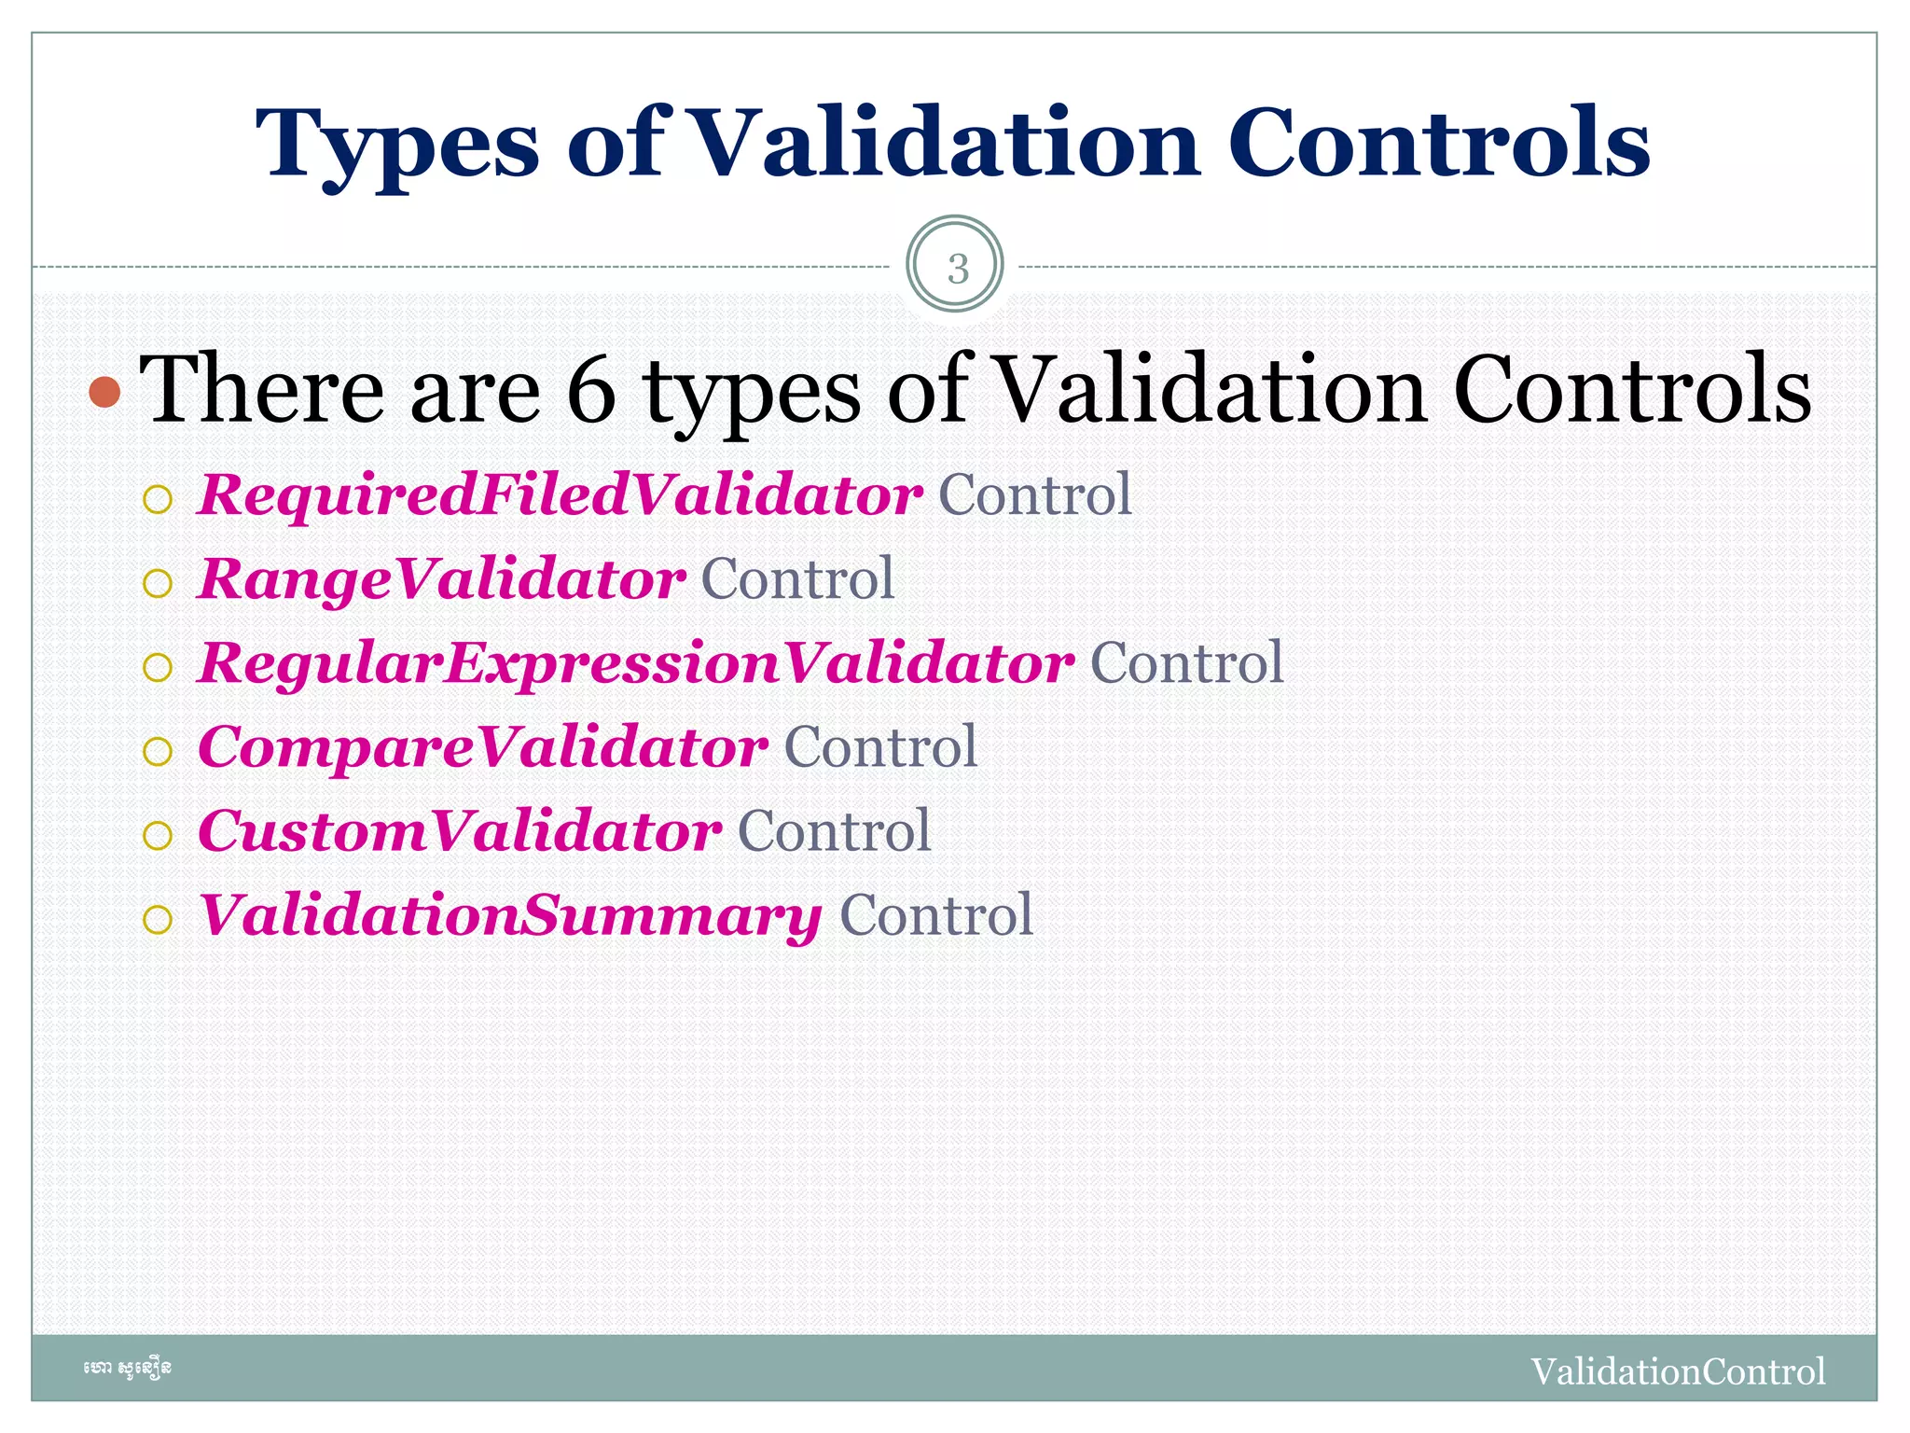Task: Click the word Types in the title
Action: [x=396, y=145]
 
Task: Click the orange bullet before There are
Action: [x=105, y=393]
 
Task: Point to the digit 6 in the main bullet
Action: [x=591, y=390]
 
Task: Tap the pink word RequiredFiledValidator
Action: [x=560, y=494]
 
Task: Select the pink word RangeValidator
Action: [x=441, y=579]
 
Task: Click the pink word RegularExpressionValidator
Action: [x=636, y=663]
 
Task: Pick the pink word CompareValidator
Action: [x=482, y=747]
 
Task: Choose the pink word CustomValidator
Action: [x=459, y=831]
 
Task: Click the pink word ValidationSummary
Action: [x=509, y=916]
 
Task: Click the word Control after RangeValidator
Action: [x=797, y=579]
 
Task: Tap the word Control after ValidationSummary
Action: [x=935, y=915]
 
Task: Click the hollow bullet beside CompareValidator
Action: [x=158, y=752]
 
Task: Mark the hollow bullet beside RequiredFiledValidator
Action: [x=158, y=499]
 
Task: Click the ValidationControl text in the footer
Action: [x=1678, y=1371]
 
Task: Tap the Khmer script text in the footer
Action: [x=127, y=1369]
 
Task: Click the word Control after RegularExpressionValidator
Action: [x=1186, y=663]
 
